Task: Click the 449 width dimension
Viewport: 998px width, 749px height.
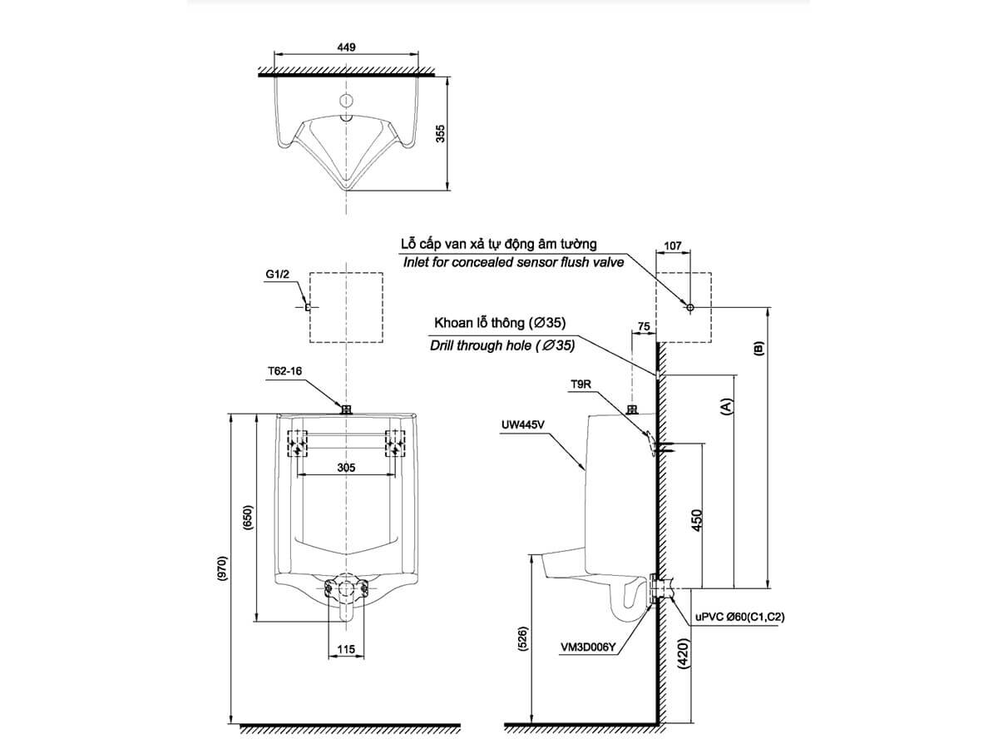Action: tap(347, 47)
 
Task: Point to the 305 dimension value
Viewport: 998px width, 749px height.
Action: tap(347, 468)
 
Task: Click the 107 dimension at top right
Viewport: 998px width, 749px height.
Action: tap(674, 247)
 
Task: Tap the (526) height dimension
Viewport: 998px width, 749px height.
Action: tap(521, 639)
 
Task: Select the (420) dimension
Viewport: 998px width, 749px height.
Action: tap(684, 658)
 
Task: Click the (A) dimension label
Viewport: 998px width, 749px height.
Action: tap(726, 407)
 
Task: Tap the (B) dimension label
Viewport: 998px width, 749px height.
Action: tap(757, 349)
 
